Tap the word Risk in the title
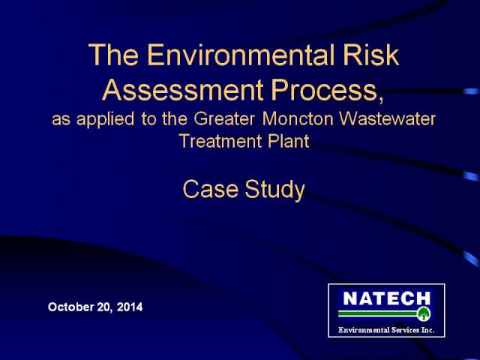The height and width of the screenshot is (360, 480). click(x=371, y=55)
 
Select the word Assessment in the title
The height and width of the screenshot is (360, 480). click(x=183, y=89)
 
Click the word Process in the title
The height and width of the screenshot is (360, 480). click(x=324, y=89)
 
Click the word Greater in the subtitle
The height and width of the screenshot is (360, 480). click(x=224, y=118)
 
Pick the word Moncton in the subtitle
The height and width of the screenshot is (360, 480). click(x=298, y=118)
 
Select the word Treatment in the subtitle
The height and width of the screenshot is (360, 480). click(x=220, y=141)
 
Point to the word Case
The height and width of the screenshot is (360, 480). click(x=210, y=188)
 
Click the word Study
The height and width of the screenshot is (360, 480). click(x=275, y=190)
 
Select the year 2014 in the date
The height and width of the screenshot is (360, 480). click(x=130, y=307)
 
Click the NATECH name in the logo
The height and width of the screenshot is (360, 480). click(x=387, y=298)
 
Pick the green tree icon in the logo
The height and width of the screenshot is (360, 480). click(x=424, y=313)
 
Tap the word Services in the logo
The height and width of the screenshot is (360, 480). click(x=402, y=330)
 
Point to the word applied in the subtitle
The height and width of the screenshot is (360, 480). click(x=105, y=120)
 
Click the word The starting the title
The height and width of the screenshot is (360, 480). click(x=113, y=55)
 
